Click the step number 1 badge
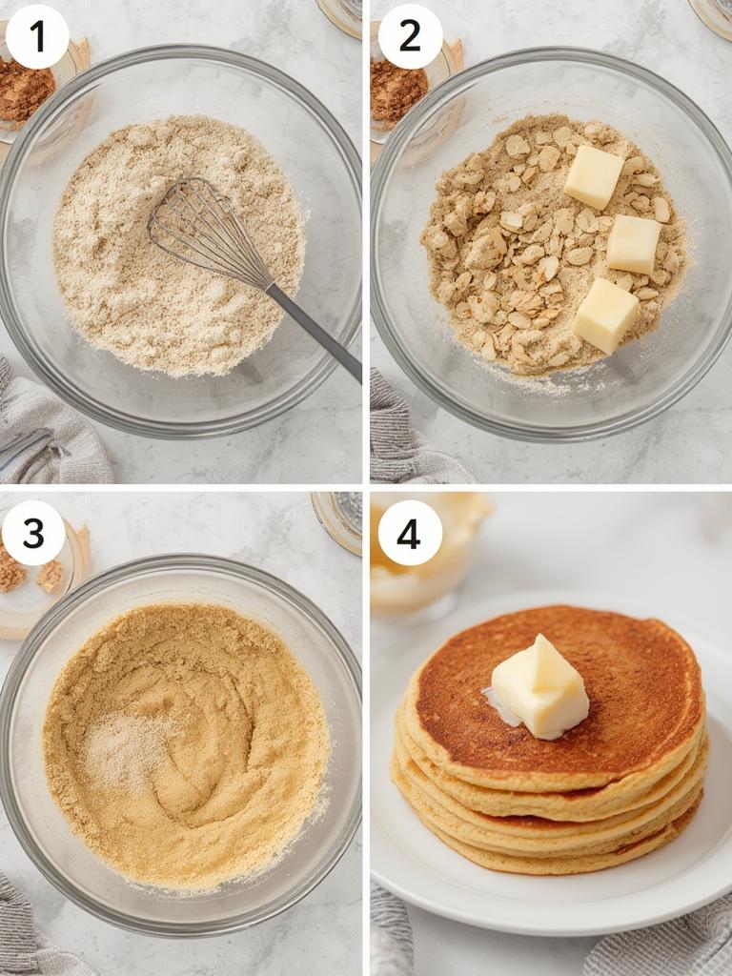37,37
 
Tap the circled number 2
410,37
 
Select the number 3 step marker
33,533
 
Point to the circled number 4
410,533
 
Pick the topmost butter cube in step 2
593,176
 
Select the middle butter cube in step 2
634,244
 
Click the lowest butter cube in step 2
605,315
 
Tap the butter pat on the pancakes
539,688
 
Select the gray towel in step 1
48,429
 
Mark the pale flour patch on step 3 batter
129,748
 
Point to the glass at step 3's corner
338,519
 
